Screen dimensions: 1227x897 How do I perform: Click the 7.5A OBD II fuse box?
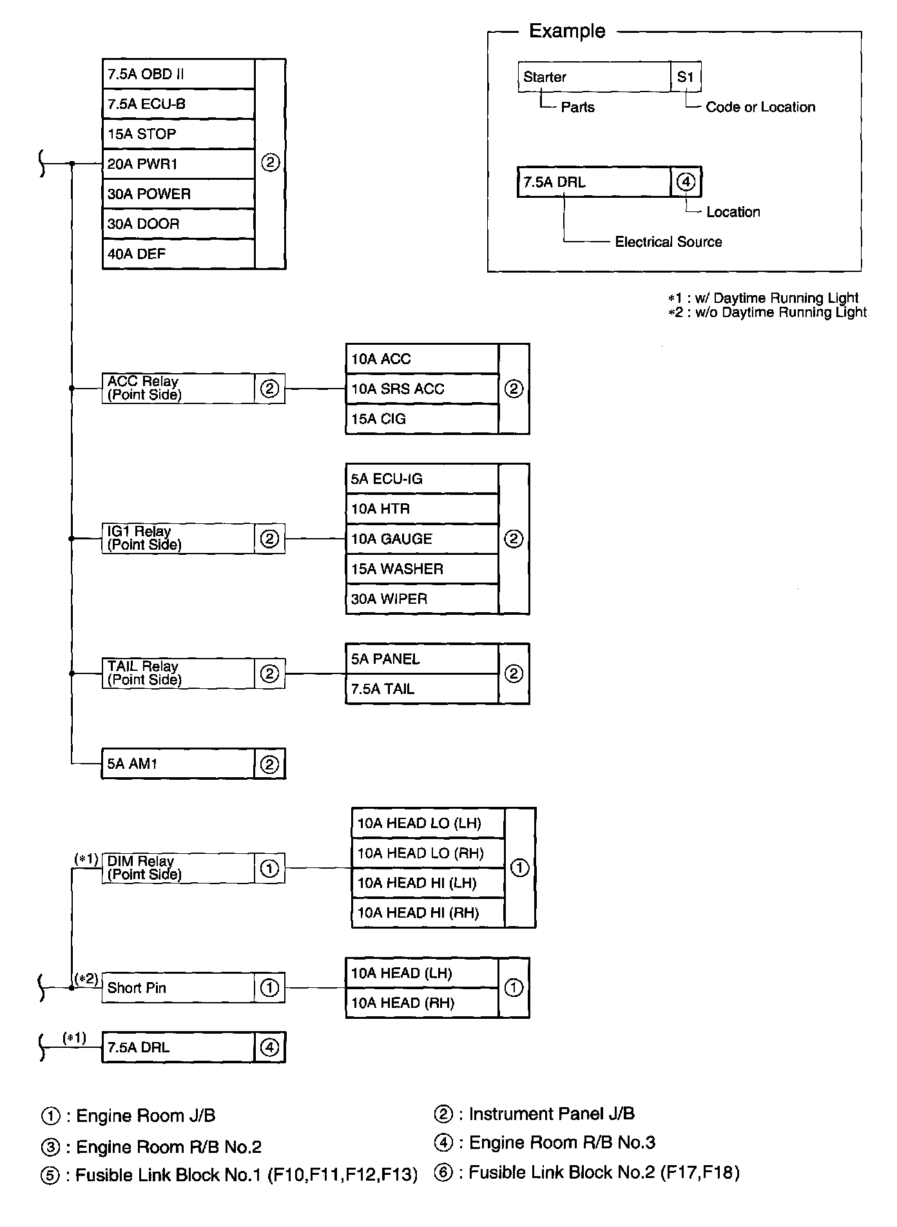click(178, 74)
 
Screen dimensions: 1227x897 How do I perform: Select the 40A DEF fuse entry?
click(178, 254)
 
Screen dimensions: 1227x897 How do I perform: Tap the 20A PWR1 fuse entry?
click(178, 164)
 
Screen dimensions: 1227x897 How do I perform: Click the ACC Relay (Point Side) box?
click(178, 389)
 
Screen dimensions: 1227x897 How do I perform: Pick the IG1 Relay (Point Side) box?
click(178, 538)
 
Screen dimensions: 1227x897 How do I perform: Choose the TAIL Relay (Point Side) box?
click(178, 673)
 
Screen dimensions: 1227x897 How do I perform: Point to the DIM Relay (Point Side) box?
click(178, 868)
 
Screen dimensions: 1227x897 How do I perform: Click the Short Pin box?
click(178, 988)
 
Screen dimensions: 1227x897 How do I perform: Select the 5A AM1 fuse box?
click(178, 764)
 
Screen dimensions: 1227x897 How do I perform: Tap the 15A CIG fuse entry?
click(422, 419)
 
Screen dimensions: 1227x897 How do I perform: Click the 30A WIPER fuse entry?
click(422, 599)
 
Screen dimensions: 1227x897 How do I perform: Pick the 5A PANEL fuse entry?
click(422, 659)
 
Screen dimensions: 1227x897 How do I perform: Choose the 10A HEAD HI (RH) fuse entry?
click(428, 913)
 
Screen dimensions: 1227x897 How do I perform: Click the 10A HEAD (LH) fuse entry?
click(422, 973)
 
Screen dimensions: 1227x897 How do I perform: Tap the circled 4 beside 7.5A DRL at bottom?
click(269, 1048)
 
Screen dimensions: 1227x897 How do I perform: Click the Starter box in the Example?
click(593, 77)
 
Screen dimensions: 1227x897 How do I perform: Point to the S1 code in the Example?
click(686, 77)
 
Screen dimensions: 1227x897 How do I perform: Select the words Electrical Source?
click(668, 242)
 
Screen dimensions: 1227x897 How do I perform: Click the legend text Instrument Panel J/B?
click(552, 1114)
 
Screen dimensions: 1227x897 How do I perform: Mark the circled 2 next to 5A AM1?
click(269, 764)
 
